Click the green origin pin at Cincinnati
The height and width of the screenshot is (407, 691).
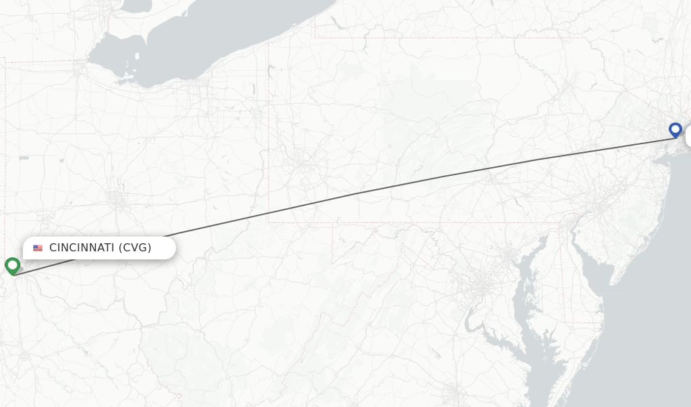pyautogui.click(x=12, y=265)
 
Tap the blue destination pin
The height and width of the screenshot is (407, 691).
pyautogui.click(x=675, y=129)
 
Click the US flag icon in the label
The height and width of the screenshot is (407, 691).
pyautogui.click(x=38, y=248)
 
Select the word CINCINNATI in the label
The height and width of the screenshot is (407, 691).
pyautogui.click(x=82, y=248)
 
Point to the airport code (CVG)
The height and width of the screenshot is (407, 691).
pyautogui.click(x=135, y=248)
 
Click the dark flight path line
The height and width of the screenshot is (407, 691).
pyautogui.click(x=358, y=193)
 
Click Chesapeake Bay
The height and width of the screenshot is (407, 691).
pyautogui.click(x=524, y=296)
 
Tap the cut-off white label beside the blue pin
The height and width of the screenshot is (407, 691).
pyautogui.click(x=688, y=136)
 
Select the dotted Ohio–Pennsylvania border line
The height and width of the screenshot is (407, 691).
pyautogui.click(x=269, y=135)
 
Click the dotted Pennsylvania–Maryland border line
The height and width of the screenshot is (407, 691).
pyautogui.click(x=439, y=223)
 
